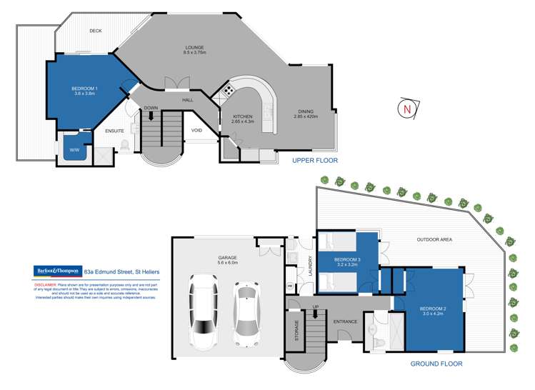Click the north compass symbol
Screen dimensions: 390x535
click(x=406, y=109)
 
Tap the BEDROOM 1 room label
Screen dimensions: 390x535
click(x=85, y=89)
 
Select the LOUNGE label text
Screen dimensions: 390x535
click(x=194, y=48)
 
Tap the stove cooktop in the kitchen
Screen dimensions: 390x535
click(x=229, y=90)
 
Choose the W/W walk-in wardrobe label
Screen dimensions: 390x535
click(x=74, y=149)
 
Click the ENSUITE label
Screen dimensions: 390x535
click(x=114, y=131)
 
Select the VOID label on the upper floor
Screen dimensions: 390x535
click(x=196, y=130)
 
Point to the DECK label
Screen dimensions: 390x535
click(x=95, y=31)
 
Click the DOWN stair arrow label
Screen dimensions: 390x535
click(x=151, y=108)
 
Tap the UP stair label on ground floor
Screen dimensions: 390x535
click(x=316, y=307)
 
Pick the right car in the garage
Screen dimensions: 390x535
click(x=247, y=310)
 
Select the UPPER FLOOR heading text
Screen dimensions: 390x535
click(x=315, y=161)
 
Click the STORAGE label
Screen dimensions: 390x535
click(x=297, y=331)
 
